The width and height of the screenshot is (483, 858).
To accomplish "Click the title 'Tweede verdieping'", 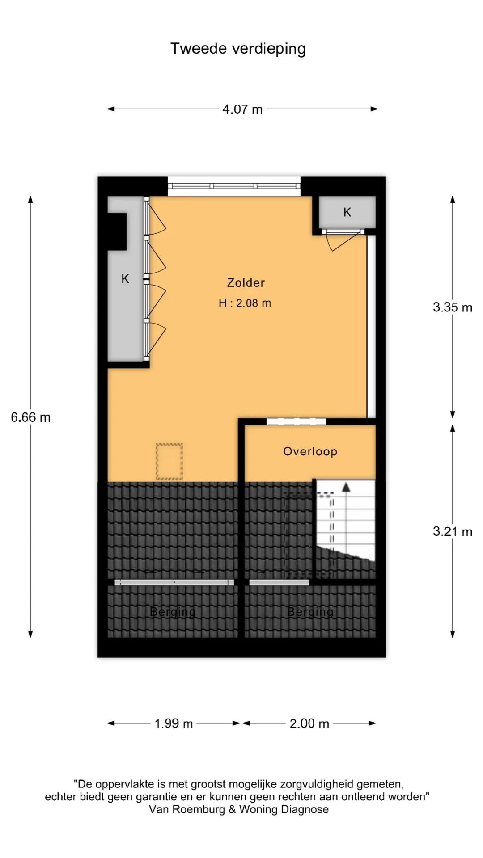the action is click(238, 49).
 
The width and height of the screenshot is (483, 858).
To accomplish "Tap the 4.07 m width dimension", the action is click(242, 109).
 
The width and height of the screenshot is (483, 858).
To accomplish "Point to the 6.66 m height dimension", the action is click(30, 417).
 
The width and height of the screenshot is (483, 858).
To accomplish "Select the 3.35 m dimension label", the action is click(453, 307).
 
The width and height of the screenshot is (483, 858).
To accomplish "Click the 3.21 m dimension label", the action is click(453, 532).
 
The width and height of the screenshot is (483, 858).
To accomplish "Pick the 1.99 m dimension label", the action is click(174, 723).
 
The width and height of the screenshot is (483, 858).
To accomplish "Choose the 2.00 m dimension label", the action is click(309, 723).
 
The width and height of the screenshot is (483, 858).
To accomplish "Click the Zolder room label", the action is click(246, 283).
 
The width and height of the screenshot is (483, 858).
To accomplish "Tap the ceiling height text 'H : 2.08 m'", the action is click(245, 303).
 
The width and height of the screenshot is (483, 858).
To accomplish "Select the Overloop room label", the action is click(310, 451).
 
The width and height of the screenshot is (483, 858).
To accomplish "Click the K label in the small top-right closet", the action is click(347, 212).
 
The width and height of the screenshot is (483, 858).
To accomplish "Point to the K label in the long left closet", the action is click(125, 279).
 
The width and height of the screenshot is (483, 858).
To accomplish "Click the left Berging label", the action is click(173, 612).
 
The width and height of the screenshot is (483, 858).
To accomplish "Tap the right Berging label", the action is click(310, 612).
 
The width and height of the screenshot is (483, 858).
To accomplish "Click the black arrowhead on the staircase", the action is click(346, 487).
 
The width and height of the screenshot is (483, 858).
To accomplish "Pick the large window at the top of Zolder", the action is click(234, 186).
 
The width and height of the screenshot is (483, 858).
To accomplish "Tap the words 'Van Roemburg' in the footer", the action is click(187, 809).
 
